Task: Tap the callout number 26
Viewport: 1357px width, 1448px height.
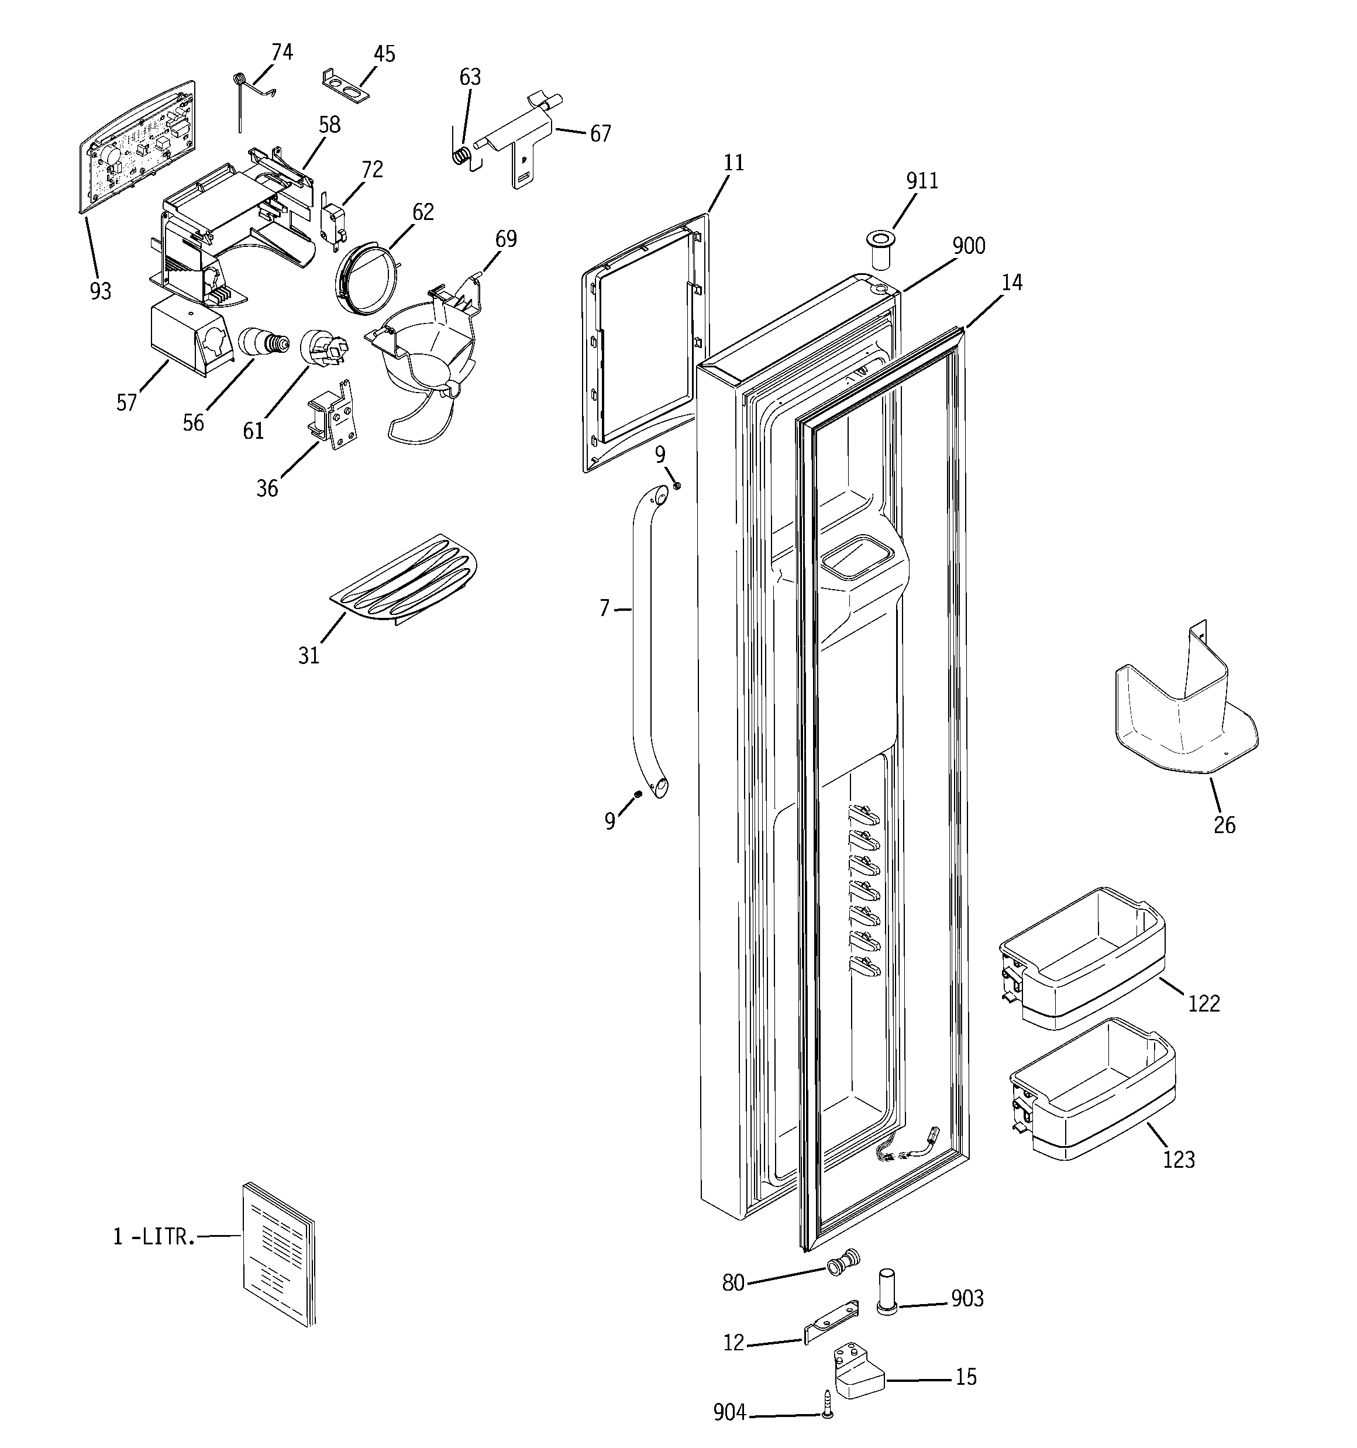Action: (x=1224, y=826)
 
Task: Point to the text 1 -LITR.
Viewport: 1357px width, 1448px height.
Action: (x=154, y=1237)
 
